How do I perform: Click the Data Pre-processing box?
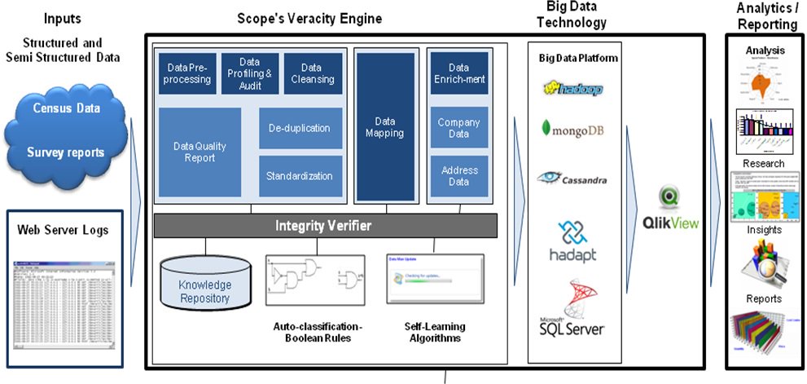tap(187, 73)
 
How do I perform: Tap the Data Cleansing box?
tap(312, 73)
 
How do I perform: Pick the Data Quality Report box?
tap(200, 152)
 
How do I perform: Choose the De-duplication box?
tap(299, 128)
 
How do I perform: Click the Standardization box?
tap(299, 176)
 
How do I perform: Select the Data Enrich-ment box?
tap(458, 73)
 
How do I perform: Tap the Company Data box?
tap(458, 128)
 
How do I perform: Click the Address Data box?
tap(458, 176)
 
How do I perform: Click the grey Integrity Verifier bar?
tap(326, 224)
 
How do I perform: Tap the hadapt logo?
tap(576, 241)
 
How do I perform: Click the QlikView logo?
tap(673, 211)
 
